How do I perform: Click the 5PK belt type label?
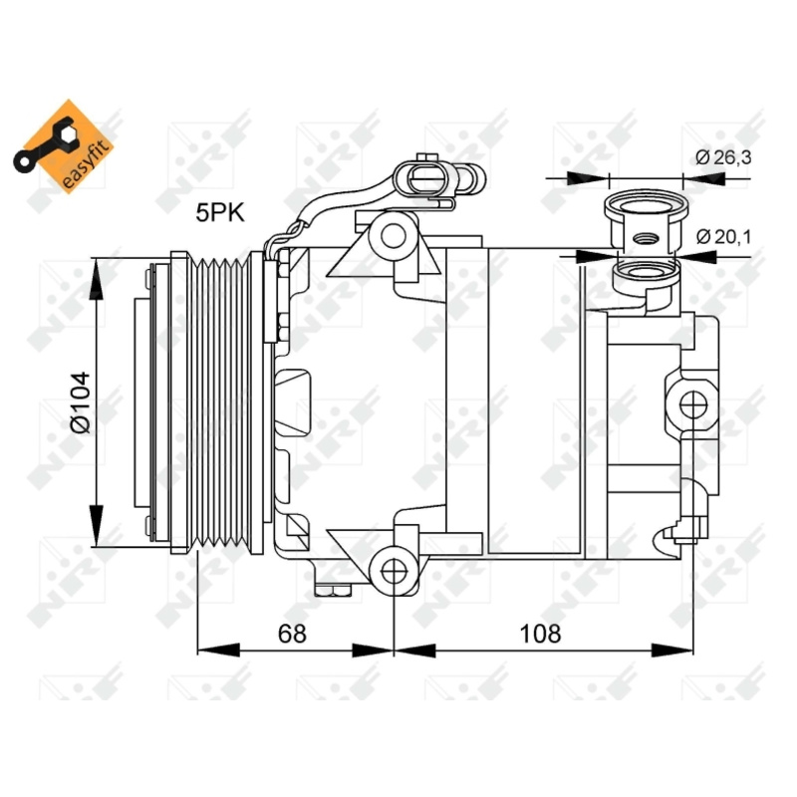[x=220, y=212]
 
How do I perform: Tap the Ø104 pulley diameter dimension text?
[x=80, y=402]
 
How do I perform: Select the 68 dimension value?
[x=292, y=634]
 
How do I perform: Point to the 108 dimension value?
[x=540, y=634]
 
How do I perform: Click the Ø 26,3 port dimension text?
[x=723, y=157]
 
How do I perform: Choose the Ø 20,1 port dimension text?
[x=723, y=236]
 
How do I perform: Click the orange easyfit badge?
[x=63, y=146]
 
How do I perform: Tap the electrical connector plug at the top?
[x=428, y=179]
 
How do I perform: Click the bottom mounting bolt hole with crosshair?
[x=394, y=572]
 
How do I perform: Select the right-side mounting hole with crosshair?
[x=693, y=405]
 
